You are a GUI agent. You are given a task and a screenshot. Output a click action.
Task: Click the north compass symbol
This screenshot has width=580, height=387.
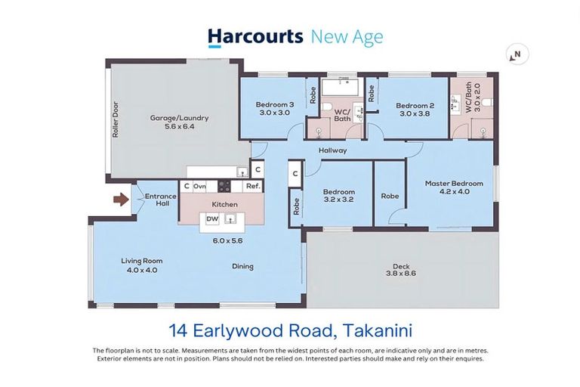coord(517,54)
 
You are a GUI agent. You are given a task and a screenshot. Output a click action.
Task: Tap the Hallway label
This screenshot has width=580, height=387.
coord(332,150)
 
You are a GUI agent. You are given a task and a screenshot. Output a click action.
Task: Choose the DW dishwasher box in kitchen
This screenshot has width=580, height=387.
coord(213,219)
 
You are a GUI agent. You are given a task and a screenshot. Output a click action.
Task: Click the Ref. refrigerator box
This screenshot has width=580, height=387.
coord(253,185)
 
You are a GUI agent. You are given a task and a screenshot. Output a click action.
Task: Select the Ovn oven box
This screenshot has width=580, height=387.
coord(199,185)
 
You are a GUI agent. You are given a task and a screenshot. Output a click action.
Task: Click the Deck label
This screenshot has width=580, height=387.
coord(400,266)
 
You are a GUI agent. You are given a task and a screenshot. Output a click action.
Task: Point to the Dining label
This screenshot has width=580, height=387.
coord(242,266)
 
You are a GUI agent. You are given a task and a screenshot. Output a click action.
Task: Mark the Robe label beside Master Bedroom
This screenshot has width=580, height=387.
coord(390,195)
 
